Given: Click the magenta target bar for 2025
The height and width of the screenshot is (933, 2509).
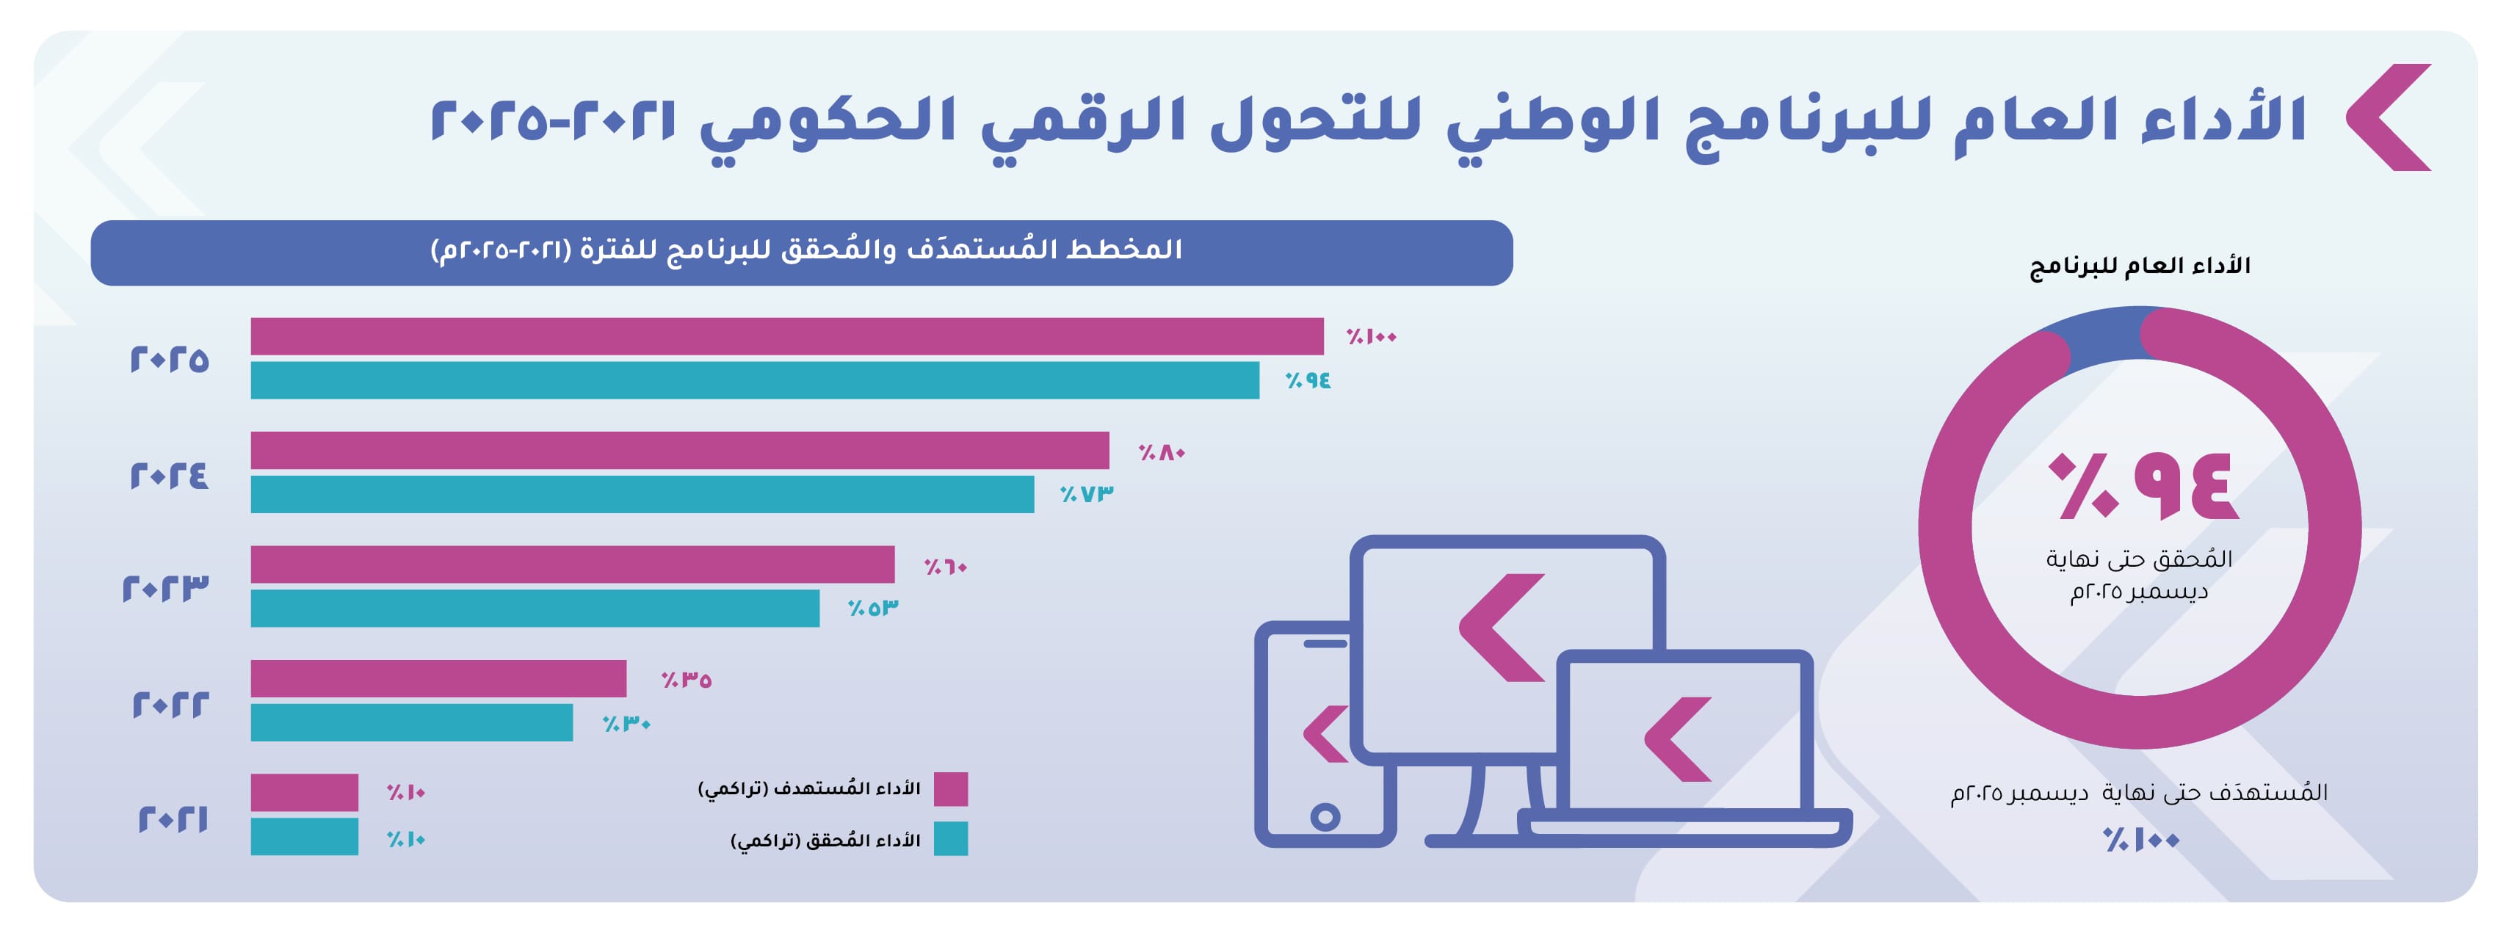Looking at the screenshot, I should (x=787, y=336).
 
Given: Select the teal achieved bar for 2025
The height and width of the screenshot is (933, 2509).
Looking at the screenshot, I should (x=755, y=380).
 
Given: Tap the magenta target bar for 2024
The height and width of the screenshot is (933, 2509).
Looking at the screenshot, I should (x=680, y=450).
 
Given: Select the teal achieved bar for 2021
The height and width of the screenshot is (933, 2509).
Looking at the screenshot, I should (x=304, y=837).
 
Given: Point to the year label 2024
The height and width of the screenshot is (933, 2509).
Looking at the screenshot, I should (x=170, y=475).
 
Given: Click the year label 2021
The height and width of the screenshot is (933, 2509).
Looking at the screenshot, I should (x=173, y=819).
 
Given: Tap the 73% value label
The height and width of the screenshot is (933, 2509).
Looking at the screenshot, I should (x=1087, y=494).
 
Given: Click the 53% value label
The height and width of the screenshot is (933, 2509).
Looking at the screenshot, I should (x=873, y=608).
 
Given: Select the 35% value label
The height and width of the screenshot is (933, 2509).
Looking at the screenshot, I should (x=687, y=680).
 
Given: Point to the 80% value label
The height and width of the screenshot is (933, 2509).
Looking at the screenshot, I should (x=1162, y=452).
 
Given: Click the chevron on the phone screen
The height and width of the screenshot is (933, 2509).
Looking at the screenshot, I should (x=1325, y=733).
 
